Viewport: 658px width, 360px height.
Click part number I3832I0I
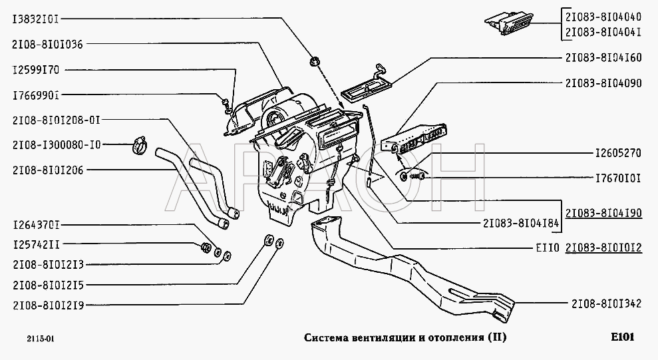click(36, 19)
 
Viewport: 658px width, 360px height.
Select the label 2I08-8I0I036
click(48, 44)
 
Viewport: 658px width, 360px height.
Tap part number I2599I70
click(36, 70)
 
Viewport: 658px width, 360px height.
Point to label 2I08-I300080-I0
click(57, 145)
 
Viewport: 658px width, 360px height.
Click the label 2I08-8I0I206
click(48, 170)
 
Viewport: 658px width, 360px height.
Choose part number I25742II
click(36, 245)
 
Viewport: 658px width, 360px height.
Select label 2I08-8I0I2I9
click(49, 305)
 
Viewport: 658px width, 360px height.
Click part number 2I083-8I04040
click(603, 17)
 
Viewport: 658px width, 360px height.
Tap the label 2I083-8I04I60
click(603, 57)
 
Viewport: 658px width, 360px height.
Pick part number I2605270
click(619, 153)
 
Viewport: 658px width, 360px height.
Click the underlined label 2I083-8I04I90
click(603, 213)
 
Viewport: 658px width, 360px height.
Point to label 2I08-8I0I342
click(606, 303)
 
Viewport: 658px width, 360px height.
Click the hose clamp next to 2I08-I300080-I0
click(140, 145)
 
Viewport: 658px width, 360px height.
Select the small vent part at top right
click(509, 23)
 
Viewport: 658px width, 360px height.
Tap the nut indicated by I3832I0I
click(314, 62)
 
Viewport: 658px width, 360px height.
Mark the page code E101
click(622, 337)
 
